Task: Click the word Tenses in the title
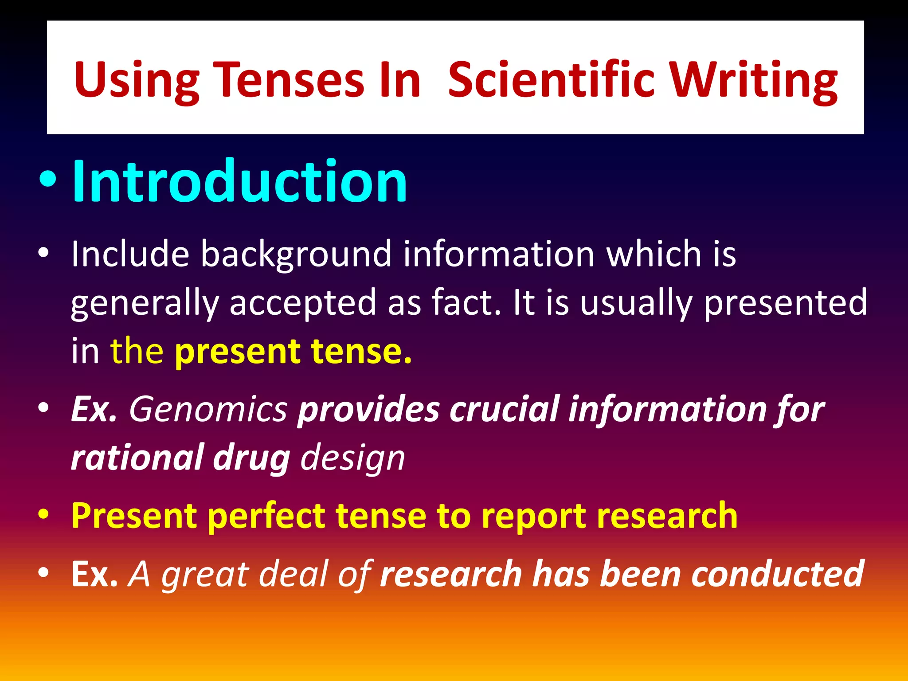point(288,80)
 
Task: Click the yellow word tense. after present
point(361,351)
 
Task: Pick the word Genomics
point(208,409)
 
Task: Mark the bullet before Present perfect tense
point(43,516)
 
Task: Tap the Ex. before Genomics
point(94,409)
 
